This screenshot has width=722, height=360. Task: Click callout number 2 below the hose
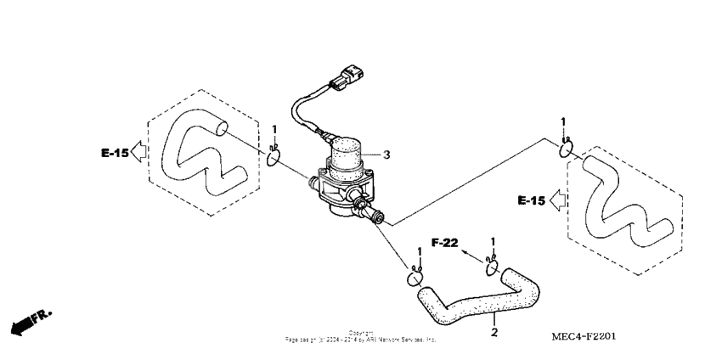click(494, 332)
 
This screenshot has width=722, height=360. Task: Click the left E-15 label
click(114, 154)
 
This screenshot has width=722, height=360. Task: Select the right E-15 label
click(532, 201)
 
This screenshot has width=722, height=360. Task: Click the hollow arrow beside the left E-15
click(140, 154)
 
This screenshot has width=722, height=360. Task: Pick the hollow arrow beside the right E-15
click(557, 201)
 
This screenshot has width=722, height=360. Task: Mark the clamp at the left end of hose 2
click(416, 276)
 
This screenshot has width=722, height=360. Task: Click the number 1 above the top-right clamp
click(564, 123)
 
